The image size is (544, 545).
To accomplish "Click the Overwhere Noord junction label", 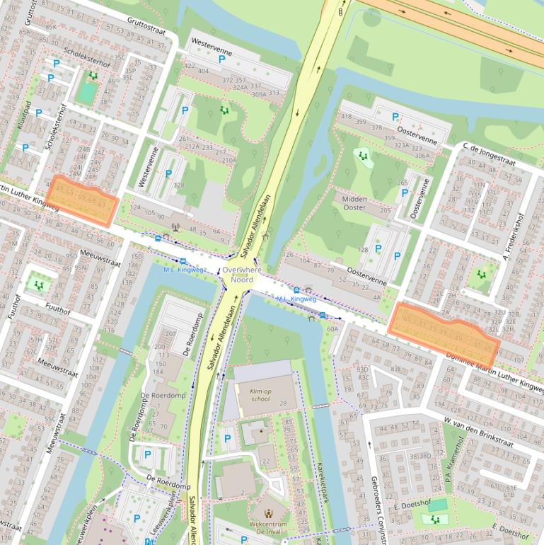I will (241, 275).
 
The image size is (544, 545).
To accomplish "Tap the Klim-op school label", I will (255, 396).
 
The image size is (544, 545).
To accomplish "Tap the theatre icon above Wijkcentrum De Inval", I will (268, 513).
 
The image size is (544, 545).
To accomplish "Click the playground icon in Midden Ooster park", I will (363, 156).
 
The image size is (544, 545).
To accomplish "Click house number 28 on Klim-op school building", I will (283, 403).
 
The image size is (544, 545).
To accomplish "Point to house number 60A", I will (332, 329).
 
